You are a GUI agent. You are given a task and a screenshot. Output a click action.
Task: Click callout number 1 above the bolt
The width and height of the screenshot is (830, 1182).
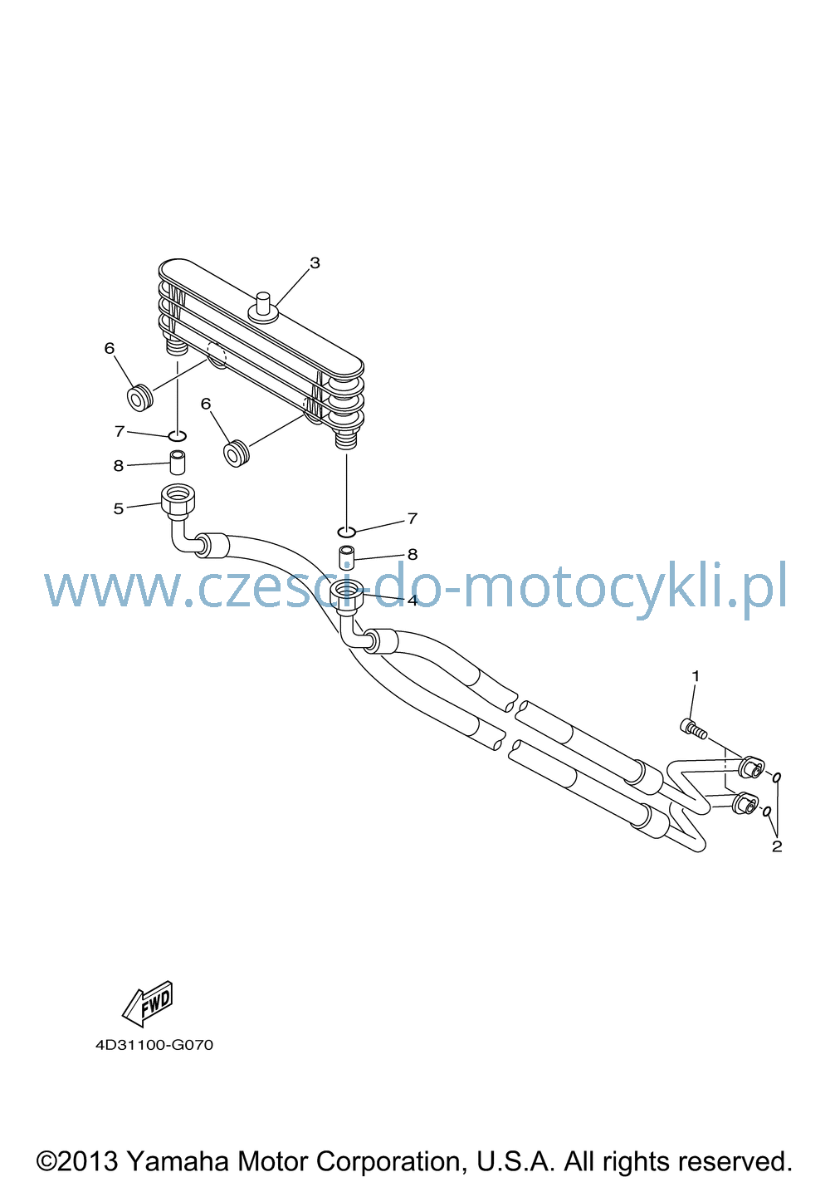click(x=695, y=676)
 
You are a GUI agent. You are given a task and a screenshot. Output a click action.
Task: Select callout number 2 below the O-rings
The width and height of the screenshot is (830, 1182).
click(x=776, y=846)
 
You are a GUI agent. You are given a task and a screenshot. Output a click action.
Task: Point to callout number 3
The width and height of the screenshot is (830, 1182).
click(x=315, y=262)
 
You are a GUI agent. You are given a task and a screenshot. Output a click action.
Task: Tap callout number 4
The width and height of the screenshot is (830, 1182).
click(x=413, y=601)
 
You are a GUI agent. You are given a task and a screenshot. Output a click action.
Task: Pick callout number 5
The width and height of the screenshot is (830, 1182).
click(x=119, y=508)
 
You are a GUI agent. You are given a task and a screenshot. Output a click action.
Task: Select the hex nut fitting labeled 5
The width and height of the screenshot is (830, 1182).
click(x=178, y=498)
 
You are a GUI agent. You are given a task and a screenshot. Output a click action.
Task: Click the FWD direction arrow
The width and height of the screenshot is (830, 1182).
click(x=147, y=1003)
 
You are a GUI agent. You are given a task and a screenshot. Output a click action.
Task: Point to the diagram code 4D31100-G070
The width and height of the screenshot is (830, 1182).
click(x=154, y=1045)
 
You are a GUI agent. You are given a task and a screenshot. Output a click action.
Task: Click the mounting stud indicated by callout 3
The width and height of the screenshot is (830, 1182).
click(x=263, y=307)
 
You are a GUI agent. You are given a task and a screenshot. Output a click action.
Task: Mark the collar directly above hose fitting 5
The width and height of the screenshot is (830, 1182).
click(x=177, y=462)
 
